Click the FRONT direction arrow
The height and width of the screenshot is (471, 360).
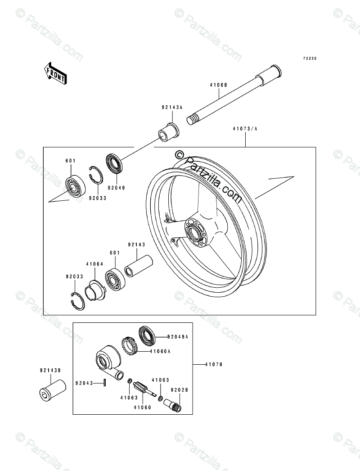pos(55,72)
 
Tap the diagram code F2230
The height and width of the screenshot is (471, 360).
pos(310,59)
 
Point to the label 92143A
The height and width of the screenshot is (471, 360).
pos(172,108)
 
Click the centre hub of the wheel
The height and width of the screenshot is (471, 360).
pos(195,233)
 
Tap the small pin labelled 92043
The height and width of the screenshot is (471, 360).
pos(104,383)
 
